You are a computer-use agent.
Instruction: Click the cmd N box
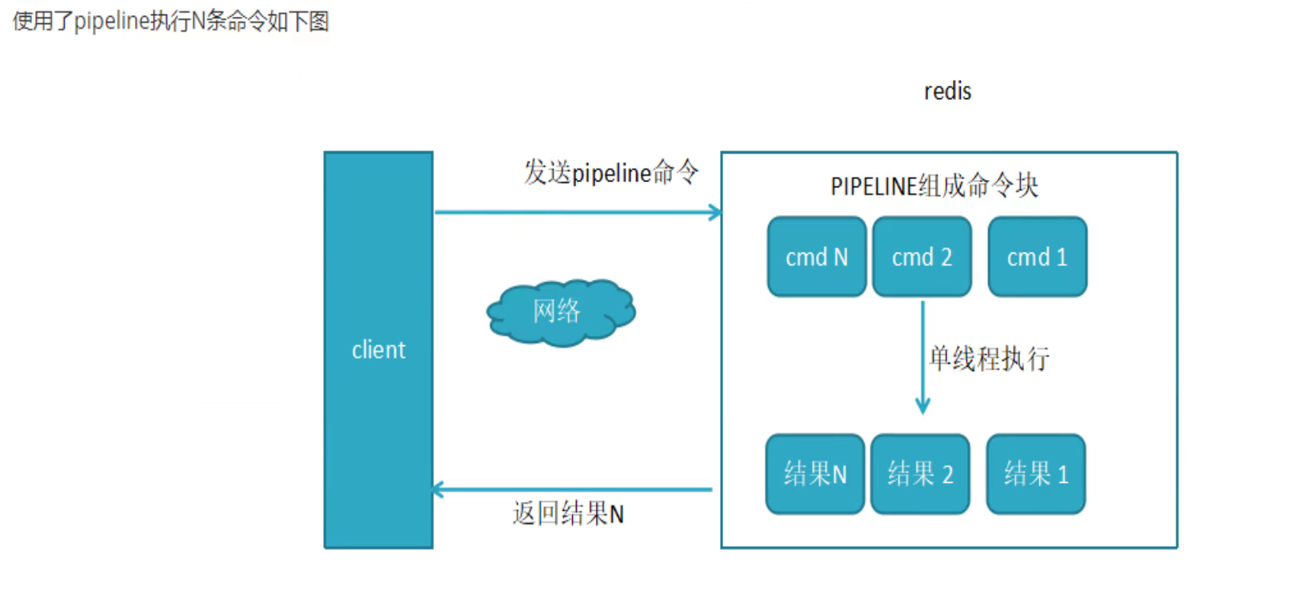point(816,257)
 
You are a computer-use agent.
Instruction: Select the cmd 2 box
point(922,257)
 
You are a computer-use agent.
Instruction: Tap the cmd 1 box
point(1037,257)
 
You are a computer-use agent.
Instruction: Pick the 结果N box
point(814,474)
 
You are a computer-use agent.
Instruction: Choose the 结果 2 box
point(920,474)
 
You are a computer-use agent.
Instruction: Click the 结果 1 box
point(1035,474)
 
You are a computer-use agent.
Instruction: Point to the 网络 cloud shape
point(560,312)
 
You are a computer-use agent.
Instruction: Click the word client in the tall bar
point(378,350)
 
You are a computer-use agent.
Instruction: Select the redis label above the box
point(947,91)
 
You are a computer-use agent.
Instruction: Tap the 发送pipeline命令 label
point(611,172)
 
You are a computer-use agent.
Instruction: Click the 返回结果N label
point(568,513)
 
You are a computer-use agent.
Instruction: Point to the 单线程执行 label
point(989,359)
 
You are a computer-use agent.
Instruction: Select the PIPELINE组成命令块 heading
point(934,186)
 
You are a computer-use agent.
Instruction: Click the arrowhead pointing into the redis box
point(714,213)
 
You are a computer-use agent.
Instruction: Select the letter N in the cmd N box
point(840,257)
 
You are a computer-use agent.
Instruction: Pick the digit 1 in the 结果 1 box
point(1062,475)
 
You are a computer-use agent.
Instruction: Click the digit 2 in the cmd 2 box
point(946,257)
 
